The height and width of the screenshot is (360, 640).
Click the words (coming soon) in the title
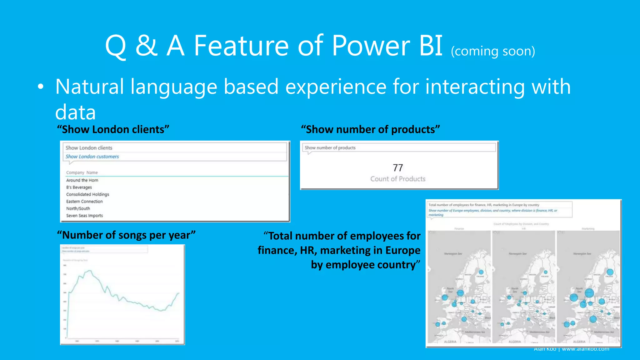point(493,51)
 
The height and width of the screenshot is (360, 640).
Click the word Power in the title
point(371,46)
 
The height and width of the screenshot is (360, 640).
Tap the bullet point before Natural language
point(40,87)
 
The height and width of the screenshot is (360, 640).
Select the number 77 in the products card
point(398,168)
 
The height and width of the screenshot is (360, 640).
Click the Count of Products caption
point(398,179)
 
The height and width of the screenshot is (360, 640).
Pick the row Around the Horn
point(82,180)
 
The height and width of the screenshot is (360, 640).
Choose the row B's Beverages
point(79,187)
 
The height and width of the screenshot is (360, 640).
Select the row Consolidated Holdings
point(87,194)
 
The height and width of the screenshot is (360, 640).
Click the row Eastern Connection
point(84,202)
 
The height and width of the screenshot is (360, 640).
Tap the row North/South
point(78,208)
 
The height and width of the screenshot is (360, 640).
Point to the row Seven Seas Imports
point(84,216)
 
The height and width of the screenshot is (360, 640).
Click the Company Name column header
point(82,172)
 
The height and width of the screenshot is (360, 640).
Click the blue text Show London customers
point(92,157)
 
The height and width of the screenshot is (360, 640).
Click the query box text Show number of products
point(330,148)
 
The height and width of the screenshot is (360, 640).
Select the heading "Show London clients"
point(113,129)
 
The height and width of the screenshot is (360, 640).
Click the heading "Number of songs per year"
point(126,235)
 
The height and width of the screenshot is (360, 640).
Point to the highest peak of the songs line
point(90,271)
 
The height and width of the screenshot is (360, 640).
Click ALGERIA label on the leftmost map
point(450,342)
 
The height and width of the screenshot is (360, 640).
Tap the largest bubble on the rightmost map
point(589,293)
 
